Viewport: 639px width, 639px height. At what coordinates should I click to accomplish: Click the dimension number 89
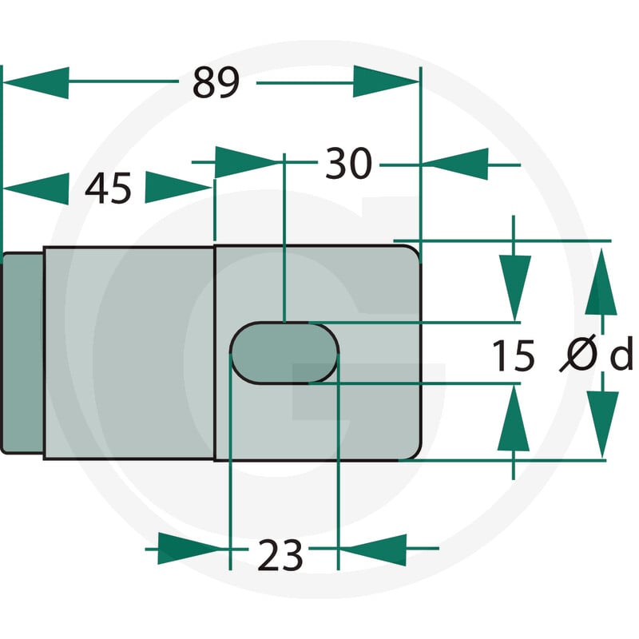216,83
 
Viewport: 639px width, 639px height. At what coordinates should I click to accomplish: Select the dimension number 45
108,188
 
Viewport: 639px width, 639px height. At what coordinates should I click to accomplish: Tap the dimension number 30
349,164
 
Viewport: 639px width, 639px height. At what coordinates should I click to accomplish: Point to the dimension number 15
514,355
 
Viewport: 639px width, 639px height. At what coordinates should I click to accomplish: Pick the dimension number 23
280,554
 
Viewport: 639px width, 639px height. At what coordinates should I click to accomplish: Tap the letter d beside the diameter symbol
621,353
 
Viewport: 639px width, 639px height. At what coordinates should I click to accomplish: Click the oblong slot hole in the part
284,353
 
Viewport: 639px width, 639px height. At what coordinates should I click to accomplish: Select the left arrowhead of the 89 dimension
36,83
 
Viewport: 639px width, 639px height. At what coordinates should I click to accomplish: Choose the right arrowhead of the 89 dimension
387,81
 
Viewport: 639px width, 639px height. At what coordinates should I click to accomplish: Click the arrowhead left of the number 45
36,189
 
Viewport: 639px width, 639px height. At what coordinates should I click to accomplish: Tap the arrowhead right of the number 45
177,188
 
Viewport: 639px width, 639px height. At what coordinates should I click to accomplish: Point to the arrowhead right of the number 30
454,165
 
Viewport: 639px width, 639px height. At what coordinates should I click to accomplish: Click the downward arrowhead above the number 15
514,288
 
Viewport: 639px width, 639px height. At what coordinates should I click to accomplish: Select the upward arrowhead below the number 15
514,418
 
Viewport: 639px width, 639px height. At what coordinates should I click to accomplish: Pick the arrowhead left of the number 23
191,548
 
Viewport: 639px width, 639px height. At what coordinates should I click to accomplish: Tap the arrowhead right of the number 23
373,550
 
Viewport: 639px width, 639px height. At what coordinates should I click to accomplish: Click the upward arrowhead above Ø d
601,282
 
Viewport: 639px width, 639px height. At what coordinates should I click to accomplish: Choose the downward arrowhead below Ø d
603,425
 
